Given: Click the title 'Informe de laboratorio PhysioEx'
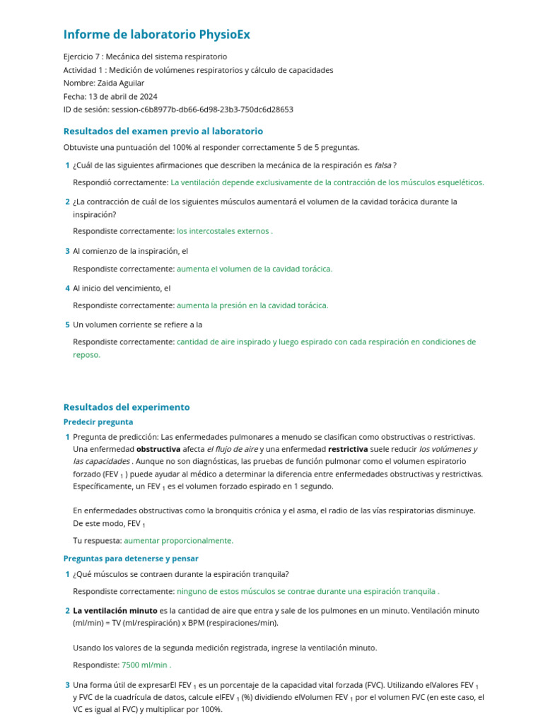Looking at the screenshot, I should tap(156, 34).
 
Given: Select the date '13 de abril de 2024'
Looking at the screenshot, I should tap(123, 96).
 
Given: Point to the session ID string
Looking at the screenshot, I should tap(202, 110).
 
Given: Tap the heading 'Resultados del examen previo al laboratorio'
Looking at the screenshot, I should tap(163, 131).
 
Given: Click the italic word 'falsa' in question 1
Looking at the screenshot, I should tap(383, 165).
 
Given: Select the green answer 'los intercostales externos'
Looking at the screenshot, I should tap(223, 230).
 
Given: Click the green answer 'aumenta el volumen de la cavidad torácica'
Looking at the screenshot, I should tap(254, 269).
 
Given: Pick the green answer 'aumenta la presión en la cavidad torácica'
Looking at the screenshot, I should tap(252, 305).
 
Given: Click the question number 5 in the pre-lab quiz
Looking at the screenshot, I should tap(67, 325).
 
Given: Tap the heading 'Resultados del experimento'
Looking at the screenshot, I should tap(127, 407).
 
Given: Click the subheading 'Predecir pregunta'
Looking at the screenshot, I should tap(98, 422).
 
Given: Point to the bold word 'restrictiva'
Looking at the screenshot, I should tap(348, 449).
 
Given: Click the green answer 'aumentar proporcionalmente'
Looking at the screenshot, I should tap(178, 540).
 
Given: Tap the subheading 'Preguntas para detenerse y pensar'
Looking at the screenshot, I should tap(131, 559).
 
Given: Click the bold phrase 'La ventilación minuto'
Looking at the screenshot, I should tap(115, 610).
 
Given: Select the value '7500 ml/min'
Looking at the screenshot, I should tap(145, 665).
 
